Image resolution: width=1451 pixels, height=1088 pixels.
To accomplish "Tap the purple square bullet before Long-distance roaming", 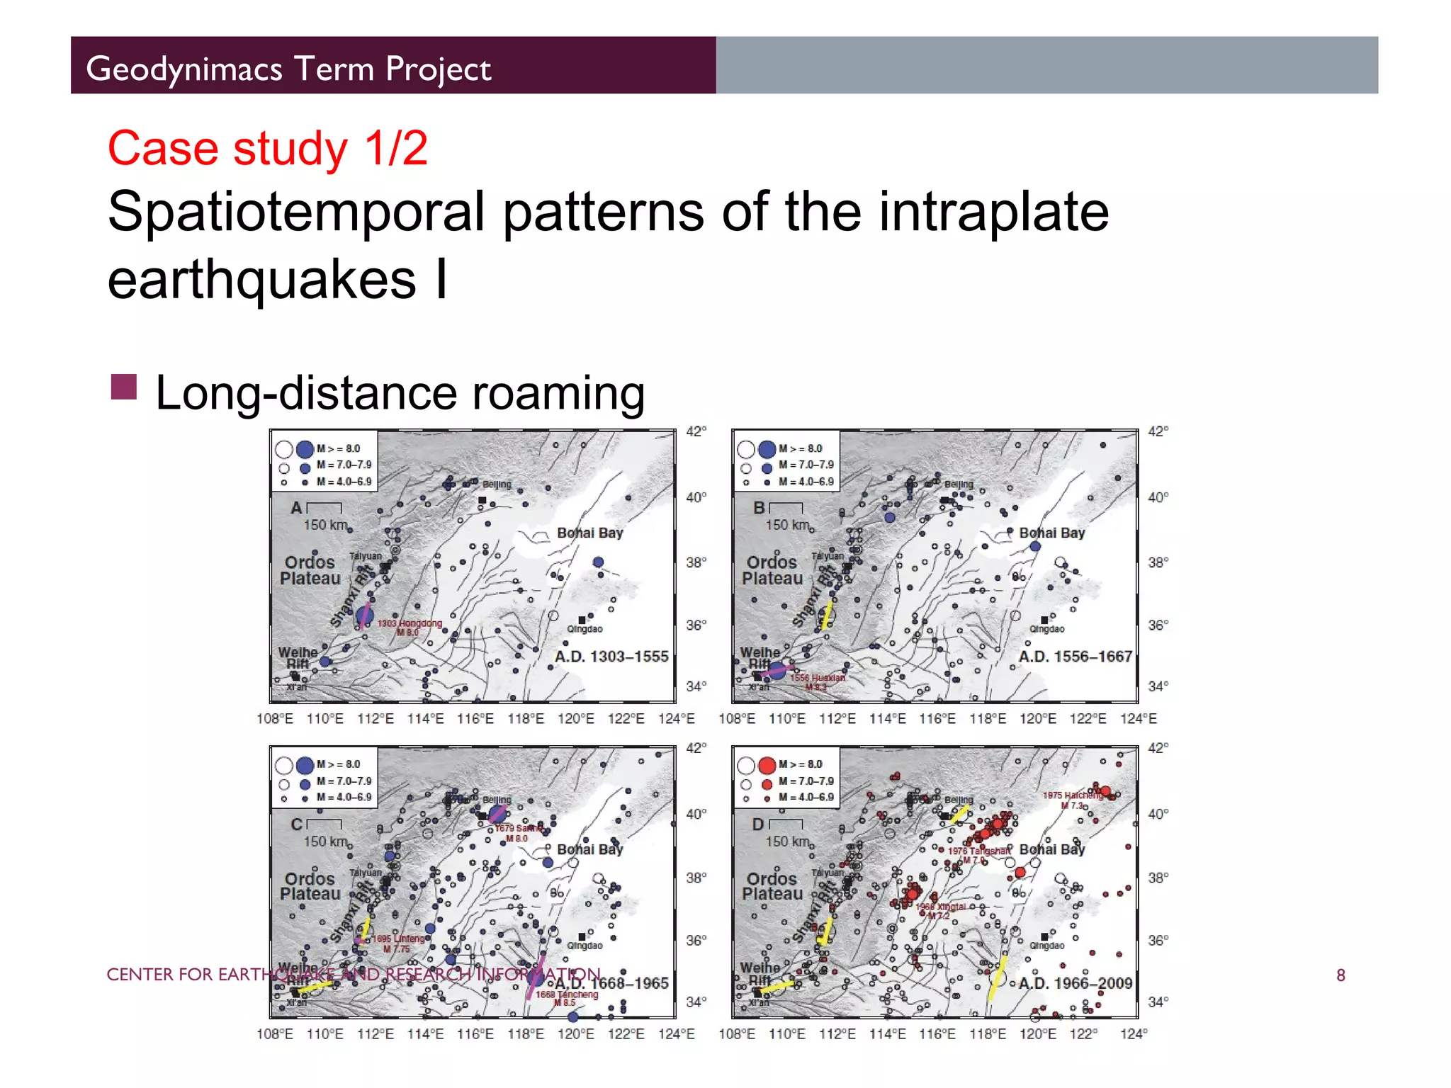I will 124,387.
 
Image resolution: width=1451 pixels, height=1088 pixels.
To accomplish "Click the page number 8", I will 1340,975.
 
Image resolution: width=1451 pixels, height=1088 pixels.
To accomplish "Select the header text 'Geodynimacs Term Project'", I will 288,69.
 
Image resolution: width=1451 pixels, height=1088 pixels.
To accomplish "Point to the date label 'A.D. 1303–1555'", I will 611,657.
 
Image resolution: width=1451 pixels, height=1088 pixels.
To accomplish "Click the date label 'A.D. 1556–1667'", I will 1075,657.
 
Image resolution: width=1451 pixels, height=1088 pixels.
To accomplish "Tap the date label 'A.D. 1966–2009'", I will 1075,983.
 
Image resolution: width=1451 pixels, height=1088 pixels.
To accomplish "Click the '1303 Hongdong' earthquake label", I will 410,624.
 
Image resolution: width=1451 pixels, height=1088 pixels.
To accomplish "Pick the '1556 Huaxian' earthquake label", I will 818,678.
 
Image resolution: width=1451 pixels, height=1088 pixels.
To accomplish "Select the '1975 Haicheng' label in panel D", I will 1071,796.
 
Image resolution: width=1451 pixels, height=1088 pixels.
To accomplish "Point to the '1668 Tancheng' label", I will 567,994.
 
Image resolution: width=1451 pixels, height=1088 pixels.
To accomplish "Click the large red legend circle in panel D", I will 767,766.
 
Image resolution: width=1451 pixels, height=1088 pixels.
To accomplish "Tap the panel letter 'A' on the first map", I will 297,508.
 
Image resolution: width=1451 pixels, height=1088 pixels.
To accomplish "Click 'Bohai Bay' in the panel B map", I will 1052,533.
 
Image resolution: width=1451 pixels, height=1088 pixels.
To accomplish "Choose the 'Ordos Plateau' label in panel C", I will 310,886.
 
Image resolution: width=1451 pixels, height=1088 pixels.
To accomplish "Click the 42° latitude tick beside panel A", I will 696,431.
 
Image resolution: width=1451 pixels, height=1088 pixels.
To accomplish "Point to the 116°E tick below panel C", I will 475,1034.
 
